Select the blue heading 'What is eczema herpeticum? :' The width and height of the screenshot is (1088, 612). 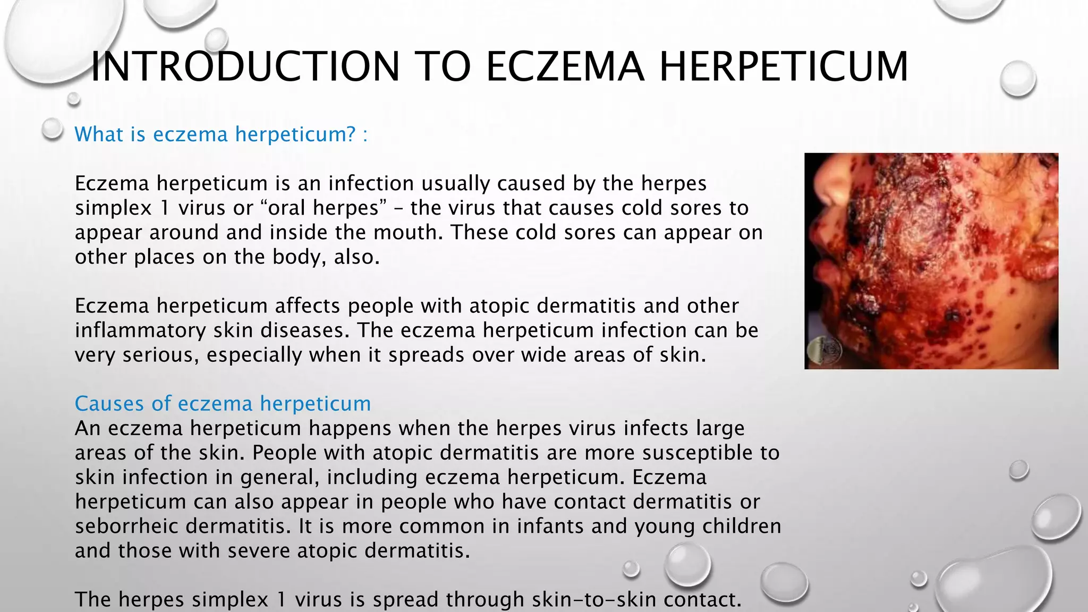tap(221, 134)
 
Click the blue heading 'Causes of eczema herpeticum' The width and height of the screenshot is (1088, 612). tap(223, 404)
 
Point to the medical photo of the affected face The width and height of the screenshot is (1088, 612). tap(931, 261)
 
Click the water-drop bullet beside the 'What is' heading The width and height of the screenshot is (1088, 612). tap(52, 129)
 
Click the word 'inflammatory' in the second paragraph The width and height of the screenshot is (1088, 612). tap(140, 330)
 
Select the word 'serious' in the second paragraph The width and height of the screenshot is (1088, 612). tap(160, 355)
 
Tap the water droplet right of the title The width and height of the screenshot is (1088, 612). tap(1018, 79)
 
